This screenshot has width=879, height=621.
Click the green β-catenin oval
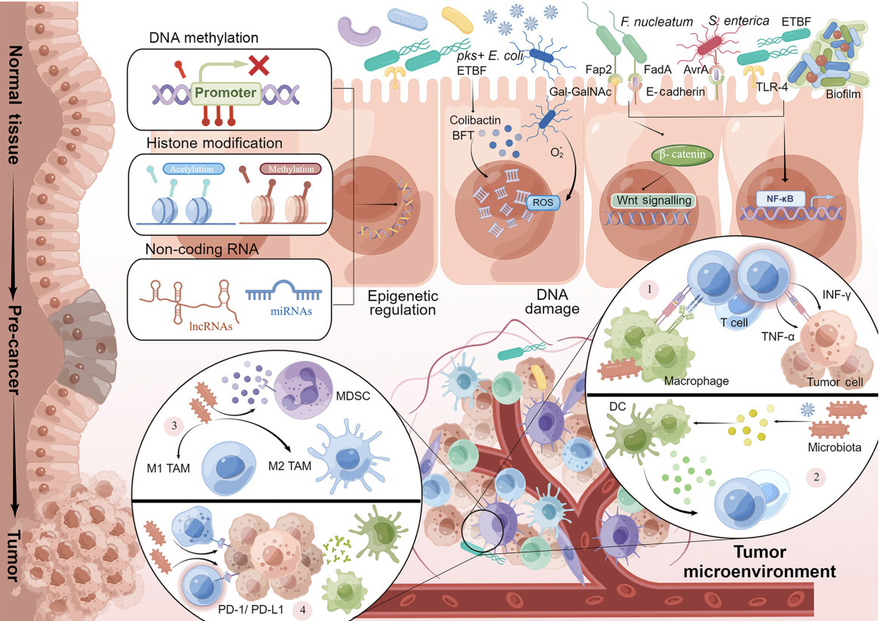coord(678,153)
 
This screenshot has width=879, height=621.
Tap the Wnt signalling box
coord(652,200)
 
